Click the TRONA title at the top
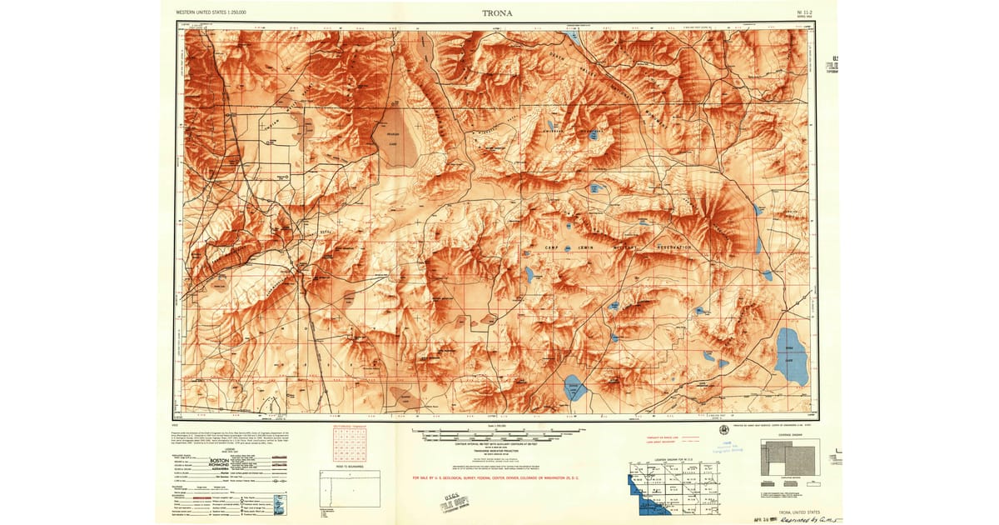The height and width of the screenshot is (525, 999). click(498, 12)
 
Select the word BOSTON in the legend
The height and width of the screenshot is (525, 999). click(219, 460)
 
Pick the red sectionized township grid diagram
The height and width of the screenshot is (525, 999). click(349, 442)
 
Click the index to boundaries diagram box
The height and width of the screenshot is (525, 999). click(350, 487)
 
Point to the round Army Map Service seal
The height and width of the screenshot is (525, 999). click(723, 429)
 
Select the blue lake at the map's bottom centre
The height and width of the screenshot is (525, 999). click(573, 387)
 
